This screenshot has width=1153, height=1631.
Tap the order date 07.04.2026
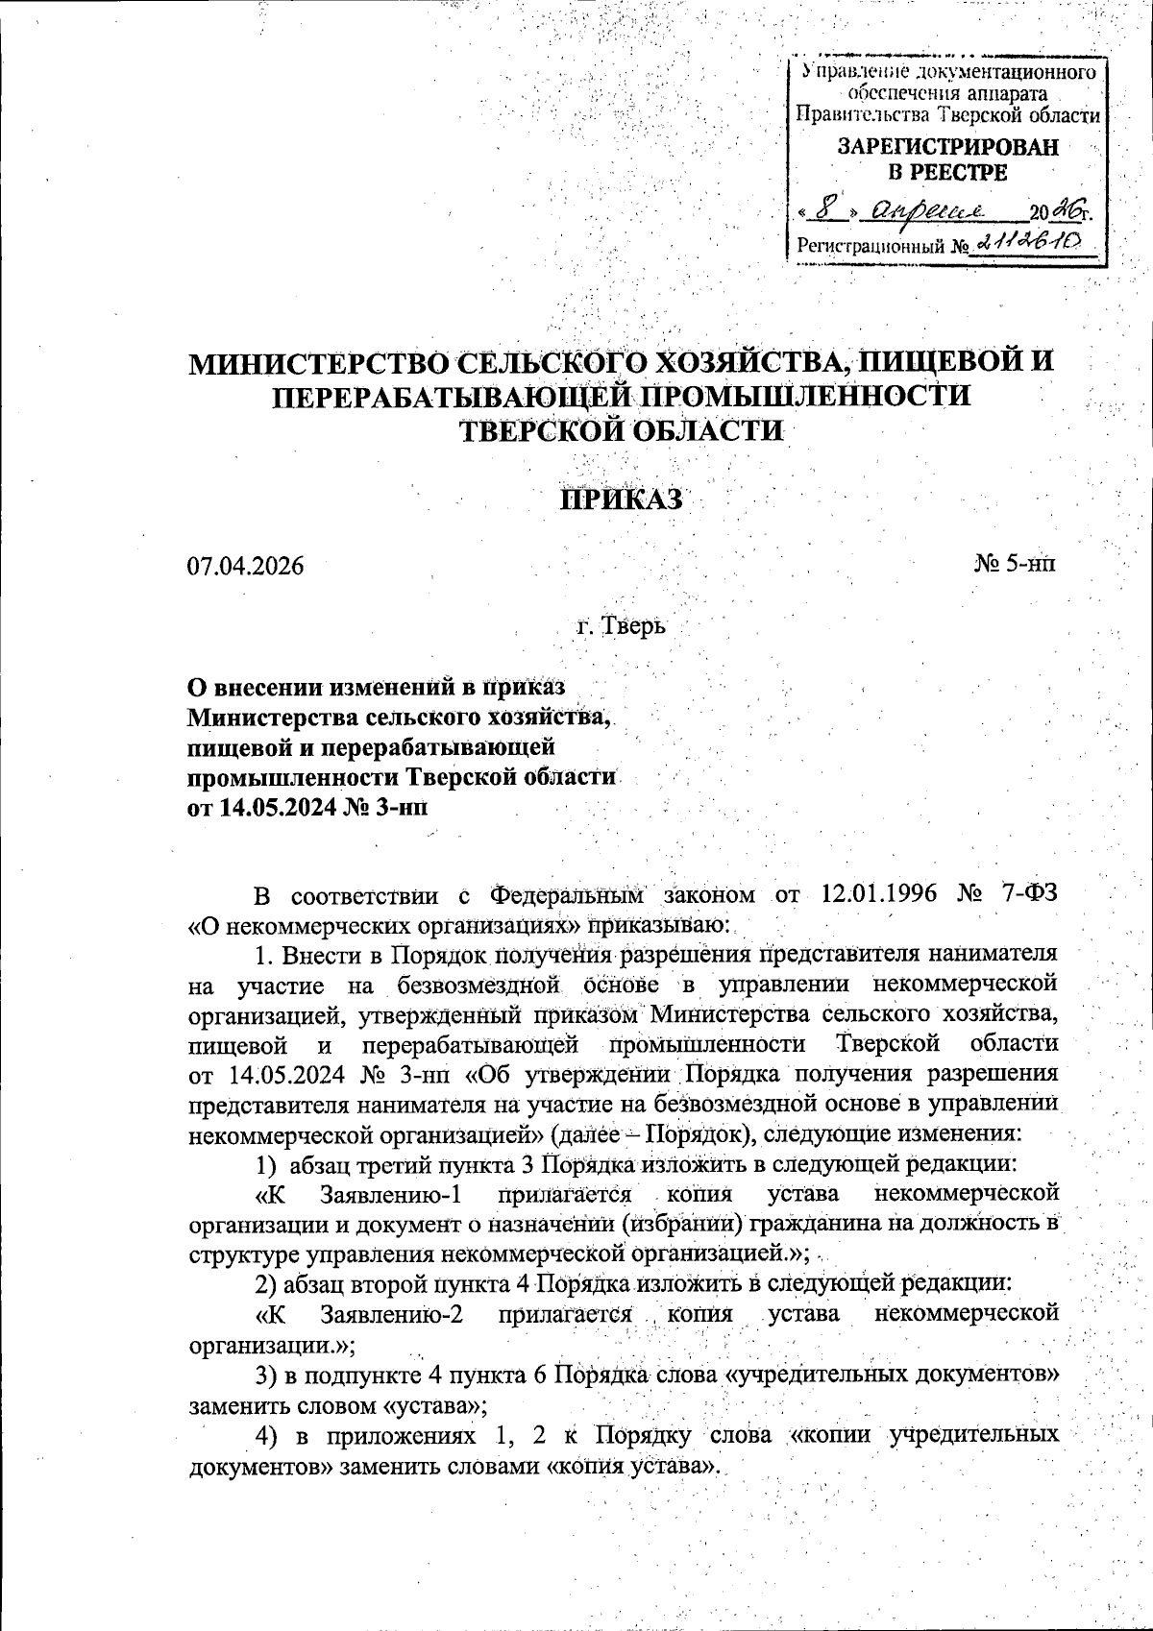[x=245, y=566]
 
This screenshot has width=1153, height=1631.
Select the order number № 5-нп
[x=1016, y=564]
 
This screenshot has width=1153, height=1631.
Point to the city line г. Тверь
[x=620, y=627]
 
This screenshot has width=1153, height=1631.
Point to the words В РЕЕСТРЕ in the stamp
[x=946, y=174]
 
